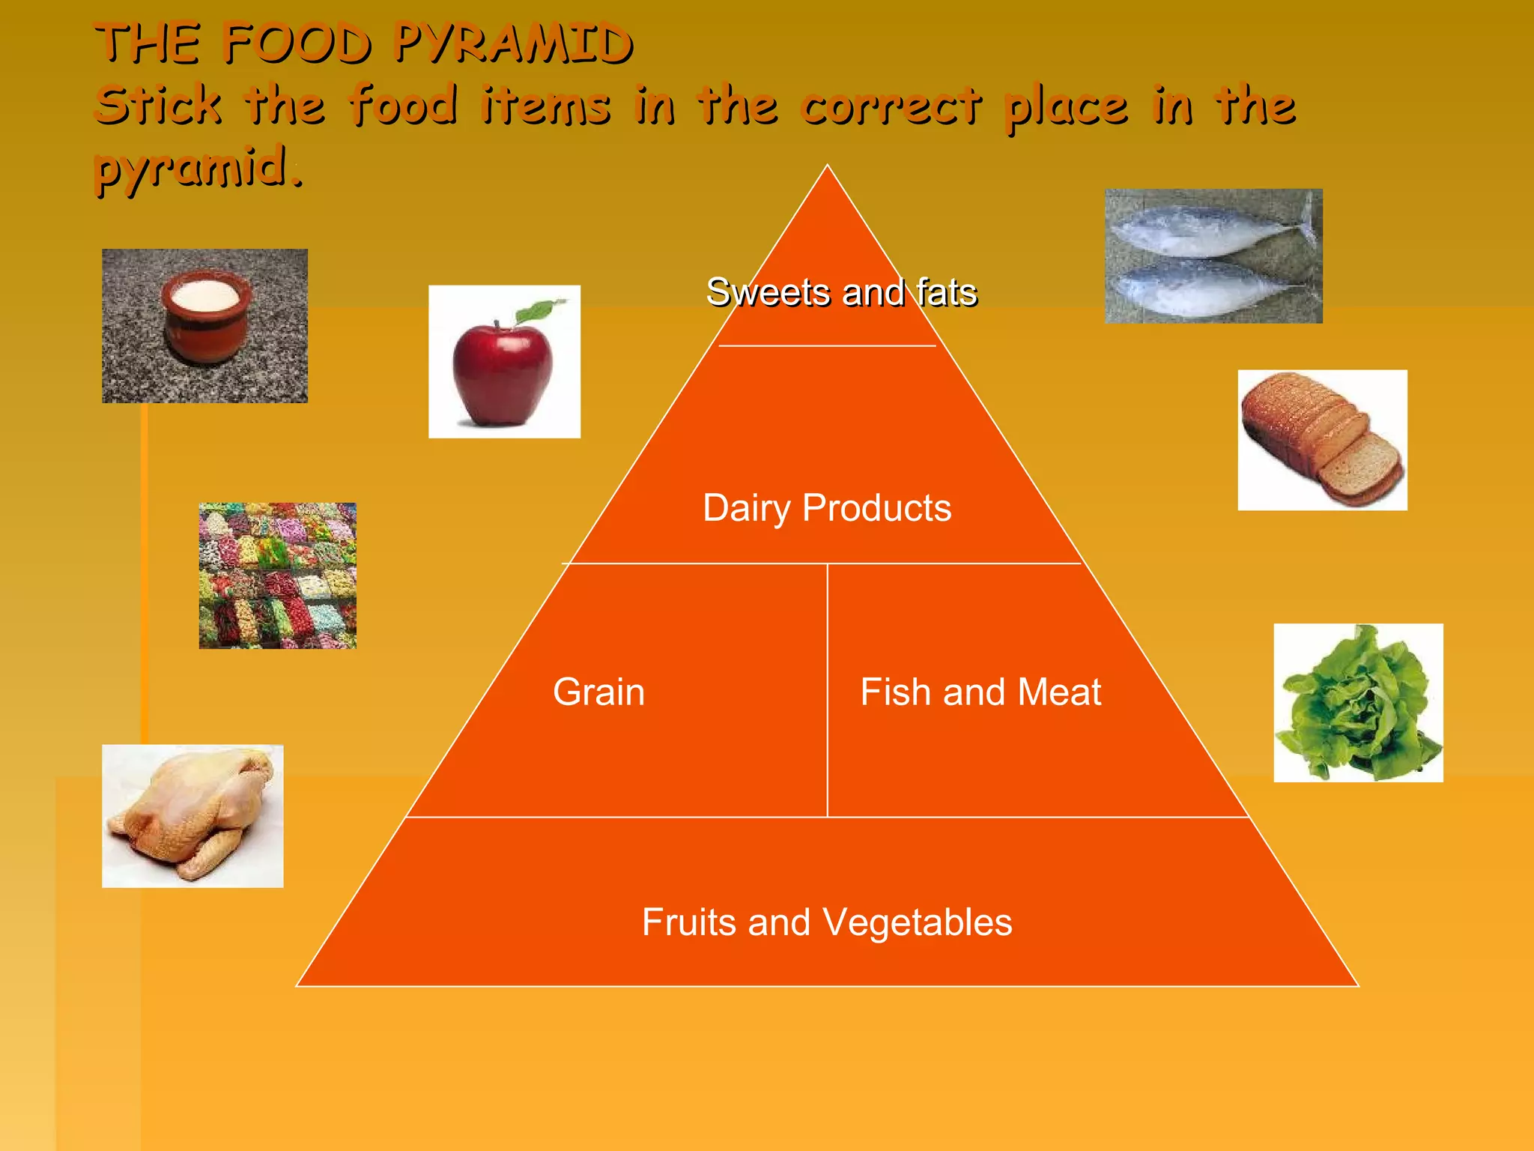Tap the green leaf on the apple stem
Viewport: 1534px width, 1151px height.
tap(541, 309)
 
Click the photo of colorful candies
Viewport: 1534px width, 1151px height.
tap(277, 575)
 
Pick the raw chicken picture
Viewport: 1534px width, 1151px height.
tap(192, 815)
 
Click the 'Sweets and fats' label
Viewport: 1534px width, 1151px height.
tap(841, 292)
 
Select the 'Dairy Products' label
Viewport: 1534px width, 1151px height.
tap(827, 508)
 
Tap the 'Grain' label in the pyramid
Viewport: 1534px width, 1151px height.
tap(598, 692)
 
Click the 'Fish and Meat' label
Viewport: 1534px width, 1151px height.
tap(980, 692)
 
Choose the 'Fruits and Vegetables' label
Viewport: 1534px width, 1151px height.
tap(827, 922)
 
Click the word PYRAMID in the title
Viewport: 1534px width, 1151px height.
tap(514, 43)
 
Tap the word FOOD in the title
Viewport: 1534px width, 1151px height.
tap(297, 43)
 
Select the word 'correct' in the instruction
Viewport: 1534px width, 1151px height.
tap(891, 106)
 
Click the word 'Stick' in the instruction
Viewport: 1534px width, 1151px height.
tap(159, 105)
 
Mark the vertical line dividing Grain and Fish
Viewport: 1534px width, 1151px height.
tap(827, 689)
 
